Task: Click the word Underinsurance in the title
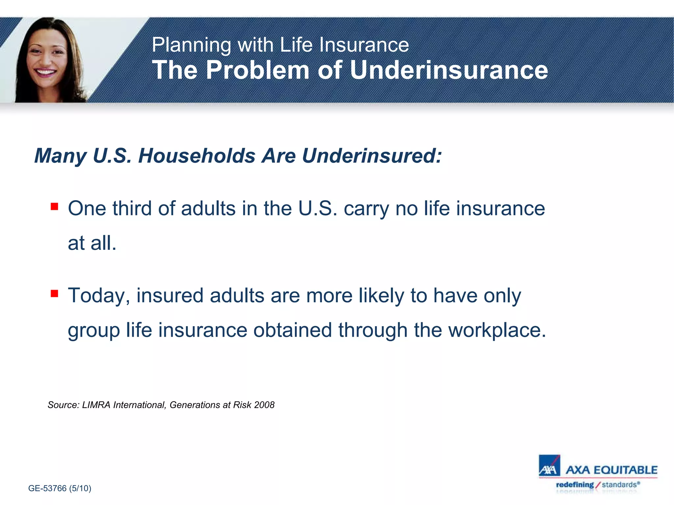click(449, 70)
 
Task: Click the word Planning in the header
click(191, 45)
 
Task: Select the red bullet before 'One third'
click(54, 207)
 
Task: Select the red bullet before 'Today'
click(54, 293)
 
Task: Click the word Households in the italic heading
click(196, 156)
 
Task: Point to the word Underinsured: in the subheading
click(372, 156)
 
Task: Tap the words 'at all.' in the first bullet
click(92, 243)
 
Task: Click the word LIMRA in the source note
click(96, 405)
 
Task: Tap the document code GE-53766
click(47, 488)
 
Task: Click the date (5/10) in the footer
click(80, 488)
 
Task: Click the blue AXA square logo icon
click(549, 466)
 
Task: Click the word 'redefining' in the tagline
click(575, 485)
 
